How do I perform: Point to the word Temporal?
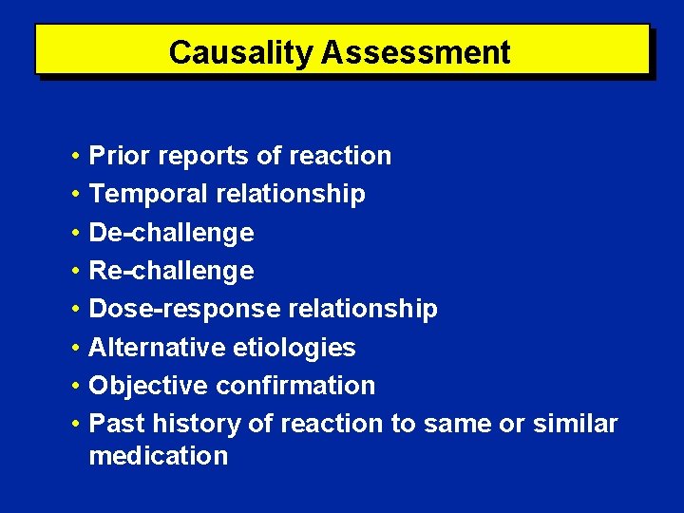[148, 195]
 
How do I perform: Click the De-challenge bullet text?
[171, 233]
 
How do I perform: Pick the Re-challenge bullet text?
[171, 271]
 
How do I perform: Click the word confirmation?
[295, 386]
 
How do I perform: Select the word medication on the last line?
[159, 456]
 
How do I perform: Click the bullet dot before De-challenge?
[73, 234]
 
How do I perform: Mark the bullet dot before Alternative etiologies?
[73, 349]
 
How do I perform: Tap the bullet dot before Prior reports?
[73, 157]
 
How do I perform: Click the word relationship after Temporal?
[291, 195]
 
